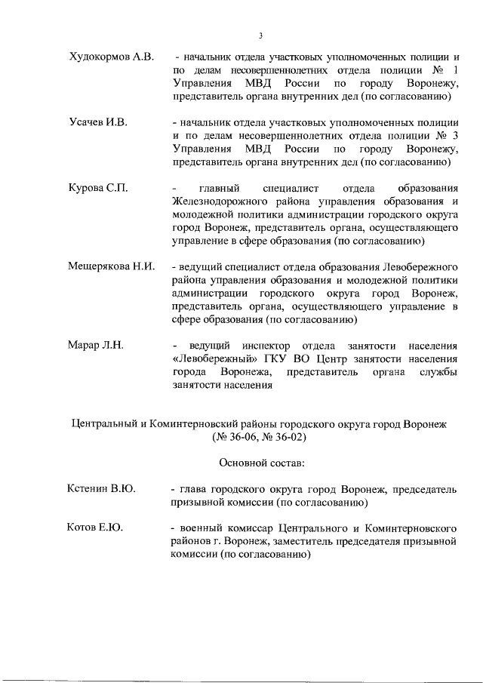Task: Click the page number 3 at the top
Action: point(260,35)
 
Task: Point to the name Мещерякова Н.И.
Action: point(111,266)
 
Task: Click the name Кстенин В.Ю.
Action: point(102,489)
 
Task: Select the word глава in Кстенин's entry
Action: point(192,489)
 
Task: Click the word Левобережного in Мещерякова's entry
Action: point(422,267)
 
